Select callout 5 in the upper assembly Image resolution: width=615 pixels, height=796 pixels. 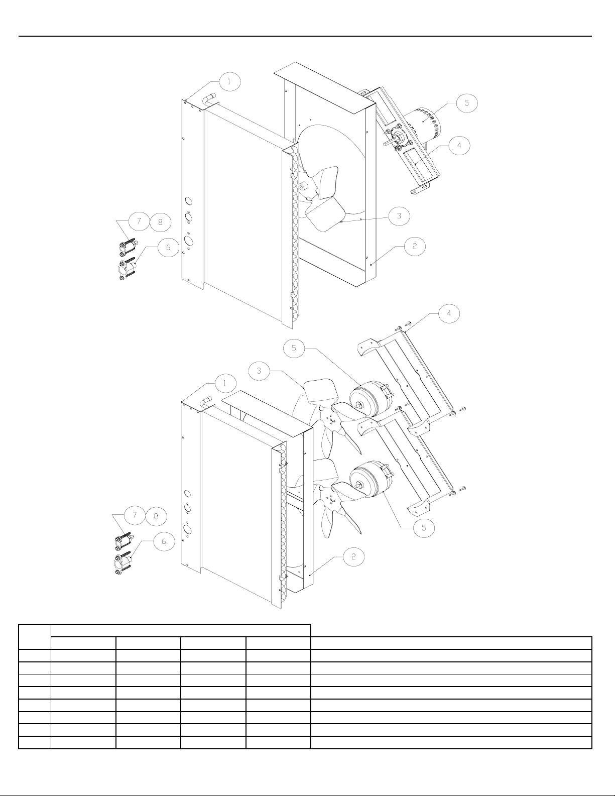pyautogui.click(x=466, y=103)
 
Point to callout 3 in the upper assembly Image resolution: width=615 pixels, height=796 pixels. pyautogui.click(x=399, y=216)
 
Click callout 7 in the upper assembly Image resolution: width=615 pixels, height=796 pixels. pyautogui.click(x=138, y=221)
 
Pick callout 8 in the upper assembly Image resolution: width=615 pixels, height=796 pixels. pyautogui.click(x=160, y=221)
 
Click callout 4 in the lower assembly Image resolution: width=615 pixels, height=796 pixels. pyautogui.click(x=449, y=313)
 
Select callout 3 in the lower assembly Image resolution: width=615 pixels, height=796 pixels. pyautogui.click(x=259, y=371)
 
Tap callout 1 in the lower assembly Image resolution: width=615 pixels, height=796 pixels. pyautogui.click(x=225, y=383)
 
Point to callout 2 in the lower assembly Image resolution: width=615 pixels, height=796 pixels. pyautogui.click(x=354, y=556)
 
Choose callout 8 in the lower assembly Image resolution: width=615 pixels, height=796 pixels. pyautogui.click(x=156, y=515)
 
